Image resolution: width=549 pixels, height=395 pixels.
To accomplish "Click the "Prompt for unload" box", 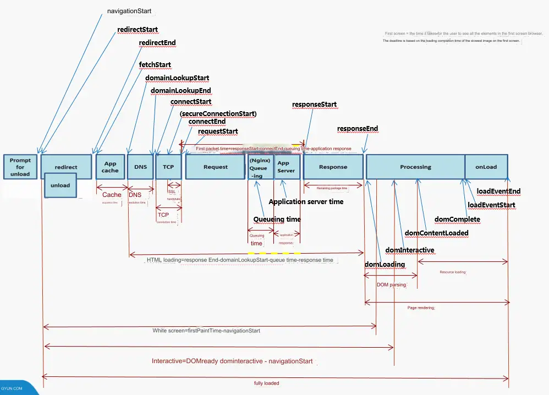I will (20, 167).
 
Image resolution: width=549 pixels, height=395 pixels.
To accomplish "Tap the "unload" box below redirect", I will (61, 185).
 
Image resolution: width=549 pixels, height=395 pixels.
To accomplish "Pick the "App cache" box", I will (110, 167).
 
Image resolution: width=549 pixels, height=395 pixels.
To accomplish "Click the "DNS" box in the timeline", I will (140, 167).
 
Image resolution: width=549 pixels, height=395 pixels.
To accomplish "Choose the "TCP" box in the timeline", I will (168, 167).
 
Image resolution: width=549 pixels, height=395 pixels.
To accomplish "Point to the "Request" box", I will (215, 167).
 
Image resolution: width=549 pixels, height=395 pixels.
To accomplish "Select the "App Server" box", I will (286, 167).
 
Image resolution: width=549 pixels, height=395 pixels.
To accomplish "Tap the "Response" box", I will (333, 167).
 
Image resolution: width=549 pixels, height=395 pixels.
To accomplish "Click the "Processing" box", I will (415, 167).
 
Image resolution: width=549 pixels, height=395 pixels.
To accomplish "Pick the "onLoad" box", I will (486, 167).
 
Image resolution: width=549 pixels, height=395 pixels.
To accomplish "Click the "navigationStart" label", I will (129, 10).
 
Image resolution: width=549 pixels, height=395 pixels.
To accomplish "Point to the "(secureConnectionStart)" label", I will (218, 113).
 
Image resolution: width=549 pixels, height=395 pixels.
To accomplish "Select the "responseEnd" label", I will (358, 129).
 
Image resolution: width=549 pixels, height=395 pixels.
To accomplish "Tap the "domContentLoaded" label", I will (437, 233).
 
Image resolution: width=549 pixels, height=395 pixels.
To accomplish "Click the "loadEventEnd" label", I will (498, 191).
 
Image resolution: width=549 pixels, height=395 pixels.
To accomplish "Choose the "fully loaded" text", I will (266, 383).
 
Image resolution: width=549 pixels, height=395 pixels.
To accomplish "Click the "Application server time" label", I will (306, 202).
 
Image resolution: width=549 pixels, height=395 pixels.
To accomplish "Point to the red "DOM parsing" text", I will (391, 285).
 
